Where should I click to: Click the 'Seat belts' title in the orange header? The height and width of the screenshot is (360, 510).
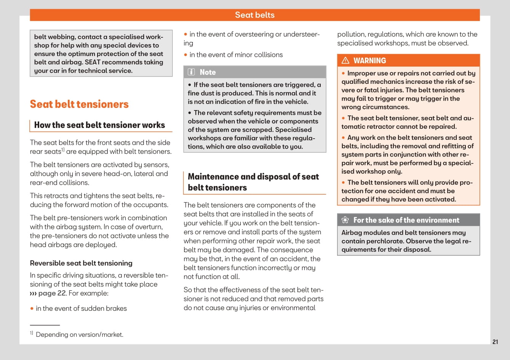[x=254, y=15]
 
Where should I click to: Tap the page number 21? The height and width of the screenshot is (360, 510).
[x=495, y=342]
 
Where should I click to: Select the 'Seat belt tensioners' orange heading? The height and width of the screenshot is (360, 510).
[x=79, y=104]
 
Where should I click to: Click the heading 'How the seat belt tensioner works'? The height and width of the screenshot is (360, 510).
[x=99, y=125]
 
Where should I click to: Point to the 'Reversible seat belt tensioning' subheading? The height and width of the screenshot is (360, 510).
[x=81, y=263]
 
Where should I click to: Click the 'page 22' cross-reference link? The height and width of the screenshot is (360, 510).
[x=52, y=293]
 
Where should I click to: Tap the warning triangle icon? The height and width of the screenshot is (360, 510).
[x=345, y=61]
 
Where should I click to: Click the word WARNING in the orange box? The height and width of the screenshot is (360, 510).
[x=369, y=61]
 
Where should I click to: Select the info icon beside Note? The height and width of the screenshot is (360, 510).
[x=191, y=72]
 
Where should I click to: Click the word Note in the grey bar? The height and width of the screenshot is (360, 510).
[x=208, y=72]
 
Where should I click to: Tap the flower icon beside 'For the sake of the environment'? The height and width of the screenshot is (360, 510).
[x=345, y=220]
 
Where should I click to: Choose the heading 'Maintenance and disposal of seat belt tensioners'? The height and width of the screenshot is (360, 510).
[x=253, y=182]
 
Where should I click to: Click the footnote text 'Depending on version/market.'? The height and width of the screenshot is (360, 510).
[x=79, y=335]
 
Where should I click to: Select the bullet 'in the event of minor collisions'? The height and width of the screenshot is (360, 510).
[x=236, y=55]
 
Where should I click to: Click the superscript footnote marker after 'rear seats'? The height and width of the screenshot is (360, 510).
[x=63, y=150]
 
